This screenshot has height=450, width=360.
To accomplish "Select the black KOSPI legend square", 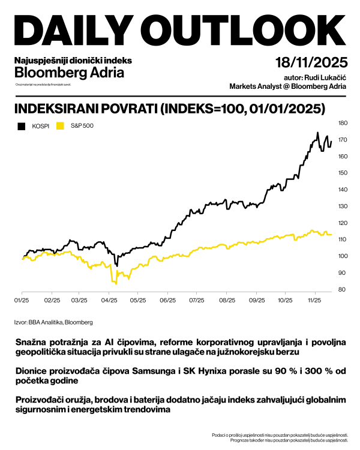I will [22, 125].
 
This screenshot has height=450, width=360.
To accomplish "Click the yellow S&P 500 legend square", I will [59, 125].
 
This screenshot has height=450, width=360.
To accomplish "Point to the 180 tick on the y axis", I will [343, 123].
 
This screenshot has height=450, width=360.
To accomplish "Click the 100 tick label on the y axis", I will [343, 256].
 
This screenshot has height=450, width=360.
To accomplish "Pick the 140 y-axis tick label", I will [343, 190].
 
